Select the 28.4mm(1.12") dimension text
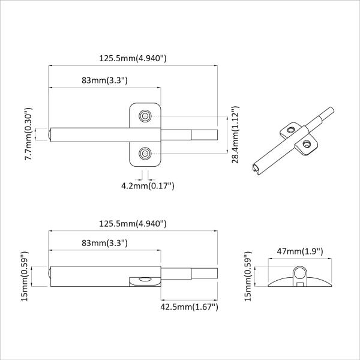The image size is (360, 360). [235, 134]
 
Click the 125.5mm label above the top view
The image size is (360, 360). [133, 58]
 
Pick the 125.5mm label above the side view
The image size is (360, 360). [133, 223]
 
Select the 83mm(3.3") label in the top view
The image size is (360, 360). [105, 80]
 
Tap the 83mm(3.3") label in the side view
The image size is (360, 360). [105, 243]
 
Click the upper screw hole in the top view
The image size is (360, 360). [145, 115]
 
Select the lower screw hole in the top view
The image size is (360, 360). [145, 155]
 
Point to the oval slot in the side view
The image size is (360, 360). [144, 279]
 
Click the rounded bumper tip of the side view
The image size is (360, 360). [49, 276]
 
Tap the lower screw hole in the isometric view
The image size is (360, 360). [307, 143]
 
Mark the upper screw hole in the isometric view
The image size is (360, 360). [290, 129]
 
